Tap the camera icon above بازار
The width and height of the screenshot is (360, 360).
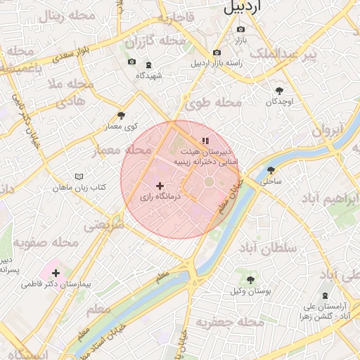[241, 30]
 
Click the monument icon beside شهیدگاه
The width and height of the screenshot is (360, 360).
[148, 65]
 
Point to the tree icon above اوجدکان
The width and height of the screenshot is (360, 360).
[281, 91]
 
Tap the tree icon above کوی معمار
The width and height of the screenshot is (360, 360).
[121, 115]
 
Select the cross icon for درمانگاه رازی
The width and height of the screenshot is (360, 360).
[160, 186]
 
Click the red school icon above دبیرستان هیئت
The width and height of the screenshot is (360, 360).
[205, 141]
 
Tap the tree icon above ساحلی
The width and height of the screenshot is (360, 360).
[271, 170]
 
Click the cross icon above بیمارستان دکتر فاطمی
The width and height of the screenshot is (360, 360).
[56, 273]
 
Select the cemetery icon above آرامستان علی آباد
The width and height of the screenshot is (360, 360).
[324, 295]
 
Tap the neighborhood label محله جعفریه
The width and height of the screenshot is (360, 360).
[230, 323]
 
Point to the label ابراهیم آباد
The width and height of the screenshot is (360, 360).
[330, 198]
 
